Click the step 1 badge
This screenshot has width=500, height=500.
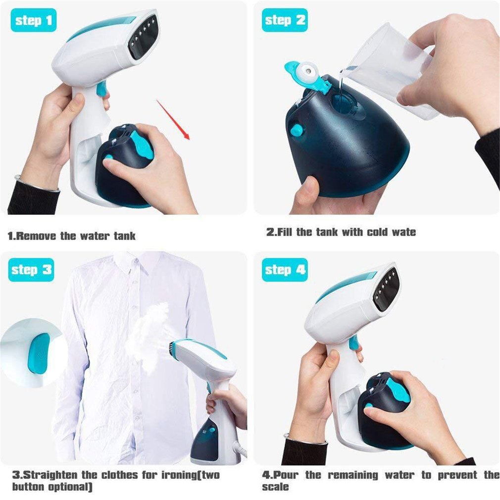(x=33, y=20)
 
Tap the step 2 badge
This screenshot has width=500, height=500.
(x=284, y=20)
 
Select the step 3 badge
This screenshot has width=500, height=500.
(x=31, y=270)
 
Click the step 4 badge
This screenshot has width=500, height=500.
(x=284, y=270)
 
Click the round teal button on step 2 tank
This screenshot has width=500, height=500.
(x=297, y=130)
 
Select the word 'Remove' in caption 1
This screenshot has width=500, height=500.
(x=37, y=236)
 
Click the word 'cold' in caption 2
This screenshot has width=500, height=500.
(x=377, y=232)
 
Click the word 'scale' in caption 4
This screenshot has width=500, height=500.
(x=276, y=487)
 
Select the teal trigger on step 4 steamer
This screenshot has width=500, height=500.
(x=353, y=343)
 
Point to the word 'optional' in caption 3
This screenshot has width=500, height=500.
(x=64, y=487)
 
